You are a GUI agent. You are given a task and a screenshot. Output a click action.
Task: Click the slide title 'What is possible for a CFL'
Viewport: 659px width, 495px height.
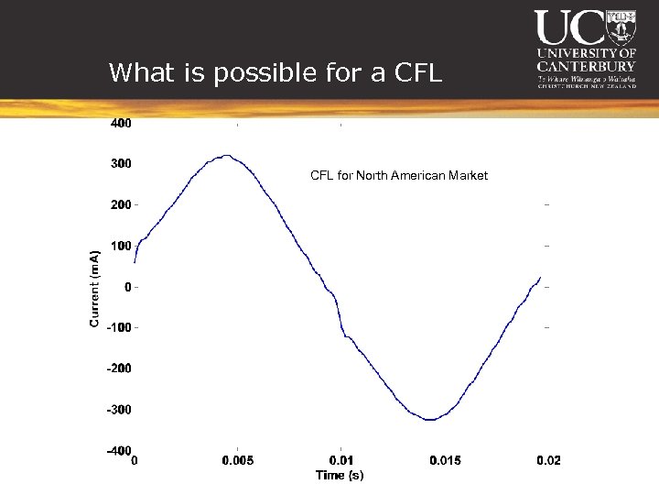(275, 72)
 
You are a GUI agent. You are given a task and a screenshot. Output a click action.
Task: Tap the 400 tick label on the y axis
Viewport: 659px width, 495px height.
(121, 123)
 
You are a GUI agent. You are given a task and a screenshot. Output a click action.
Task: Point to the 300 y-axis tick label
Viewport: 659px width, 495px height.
(121, 164)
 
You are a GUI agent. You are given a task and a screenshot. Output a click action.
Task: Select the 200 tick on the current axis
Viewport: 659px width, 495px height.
(121, 204)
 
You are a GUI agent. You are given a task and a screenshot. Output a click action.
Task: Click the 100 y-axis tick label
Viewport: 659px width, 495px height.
(121, 246)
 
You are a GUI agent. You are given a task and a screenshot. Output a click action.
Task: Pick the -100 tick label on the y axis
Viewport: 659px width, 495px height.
(118, 327)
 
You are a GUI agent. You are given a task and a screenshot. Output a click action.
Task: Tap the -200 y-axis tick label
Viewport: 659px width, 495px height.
(118, 368)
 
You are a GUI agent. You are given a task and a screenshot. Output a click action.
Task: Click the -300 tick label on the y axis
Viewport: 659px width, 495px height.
(118, 410)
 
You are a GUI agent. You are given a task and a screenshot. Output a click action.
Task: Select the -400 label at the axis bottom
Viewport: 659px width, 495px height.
(118, 451)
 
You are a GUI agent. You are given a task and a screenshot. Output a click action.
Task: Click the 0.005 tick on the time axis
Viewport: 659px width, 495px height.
(238, 460)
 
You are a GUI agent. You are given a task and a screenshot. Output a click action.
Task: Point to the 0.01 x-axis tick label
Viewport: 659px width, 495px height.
(340, 460)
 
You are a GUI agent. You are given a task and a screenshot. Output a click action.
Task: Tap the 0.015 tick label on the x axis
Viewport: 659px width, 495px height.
(445, 460)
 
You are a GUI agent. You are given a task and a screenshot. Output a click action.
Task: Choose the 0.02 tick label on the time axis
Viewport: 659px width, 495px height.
(548, 460)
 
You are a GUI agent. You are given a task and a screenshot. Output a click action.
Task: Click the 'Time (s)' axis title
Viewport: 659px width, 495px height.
(340, 475)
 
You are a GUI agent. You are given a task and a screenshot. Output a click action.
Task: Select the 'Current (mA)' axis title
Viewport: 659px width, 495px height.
(94, 288)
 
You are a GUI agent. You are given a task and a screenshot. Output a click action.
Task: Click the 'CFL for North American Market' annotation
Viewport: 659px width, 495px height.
(399, 175)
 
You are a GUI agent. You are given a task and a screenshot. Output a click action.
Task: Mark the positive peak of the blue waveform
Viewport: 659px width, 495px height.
(228, 156)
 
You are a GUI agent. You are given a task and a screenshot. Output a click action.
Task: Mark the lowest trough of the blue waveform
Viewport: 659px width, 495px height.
(429, 420)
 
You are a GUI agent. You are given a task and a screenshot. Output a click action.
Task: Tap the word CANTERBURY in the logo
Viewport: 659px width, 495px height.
(586, 66)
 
